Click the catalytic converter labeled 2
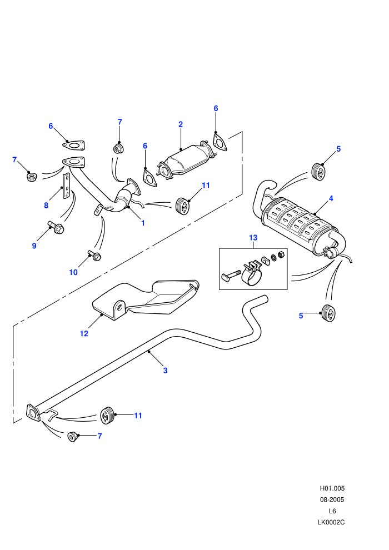pyautogui.click(x=184, y=161)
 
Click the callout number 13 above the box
pyautogui.click(x=253, y=238)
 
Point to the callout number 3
pyautogui.click(x=165, y=370)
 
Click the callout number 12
pyautogui.click(x=84, y=333)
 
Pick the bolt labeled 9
pyautogui.click(x=56, y=227)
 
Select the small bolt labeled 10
pyautogui.click(x=94, y=256)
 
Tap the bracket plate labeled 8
pyautogui.click(x=66, y=186)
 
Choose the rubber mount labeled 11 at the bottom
pyautogui.click(x=108, y=416)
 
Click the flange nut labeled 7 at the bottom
pyautogui.click(x=72, y=437)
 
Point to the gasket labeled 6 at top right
pyautogui.click(x=220, y=142)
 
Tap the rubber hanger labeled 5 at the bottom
pyautogui.click(x=328, y=313)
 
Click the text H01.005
pyautogui.click(x=332, y=488)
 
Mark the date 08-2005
pyautogui.click(x=332, y=499)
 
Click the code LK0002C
pyautogui.click(x=331, y=522)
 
